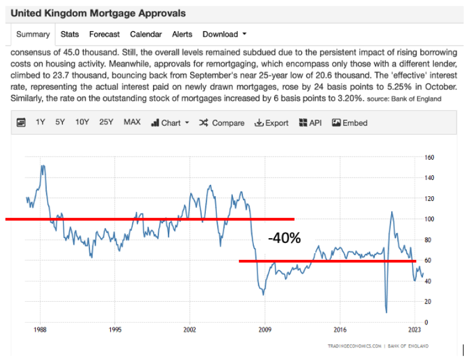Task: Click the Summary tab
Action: pyautogui.click(x=33, y=34)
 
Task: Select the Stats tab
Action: pyautogui.click(x=70, y=34)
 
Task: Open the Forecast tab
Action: pyautogui.click(x=104, y=34)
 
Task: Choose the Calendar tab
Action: pyautogui.click(x=146, y=34)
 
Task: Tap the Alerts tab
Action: pyautogui.click(x=182, y=34)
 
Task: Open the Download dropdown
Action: pyautogui.click(x=224, y=34)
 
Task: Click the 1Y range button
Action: pyautogui.click(x=40, y=122)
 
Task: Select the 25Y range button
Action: pyautogui.click(x=106, y=122)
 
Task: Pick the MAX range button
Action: pyautogui.click(x=132, y=122)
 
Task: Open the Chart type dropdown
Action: pyautogui.click(x=170, y=122)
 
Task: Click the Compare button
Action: pyautogui.click(x=221, y=122)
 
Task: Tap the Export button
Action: pyautogui.click(x=271, y=122)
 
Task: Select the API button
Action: pyautogui.click(x=310, y=122)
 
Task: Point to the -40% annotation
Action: pyautogui.click(x=284, y=238)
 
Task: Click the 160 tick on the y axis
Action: pyautogui.click(x=429, y=157)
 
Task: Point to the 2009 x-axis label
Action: pyautogui.click(x=265, y=330)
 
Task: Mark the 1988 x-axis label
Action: pyautogui.click(x=41, y=330)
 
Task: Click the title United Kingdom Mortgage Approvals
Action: pyautogui.click(x=98, y=13)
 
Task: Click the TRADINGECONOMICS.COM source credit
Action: pyautogui.click(x=355, y=346)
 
